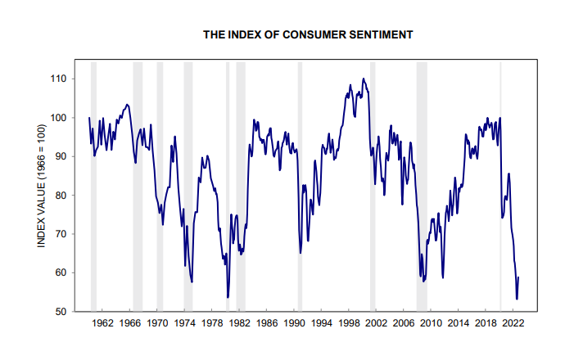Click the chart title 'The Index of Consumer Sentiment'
307,35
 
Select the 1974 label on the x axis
184,323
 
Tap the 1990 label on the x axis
294,323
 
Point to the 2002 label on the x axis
377,323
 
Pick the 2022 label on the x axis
514,323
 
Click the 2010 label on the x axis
432,323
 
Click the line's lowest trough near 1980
228,297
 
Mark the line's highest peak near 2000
363,79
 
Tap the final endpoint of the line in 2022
519,277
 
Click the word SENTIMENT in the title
378,35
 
